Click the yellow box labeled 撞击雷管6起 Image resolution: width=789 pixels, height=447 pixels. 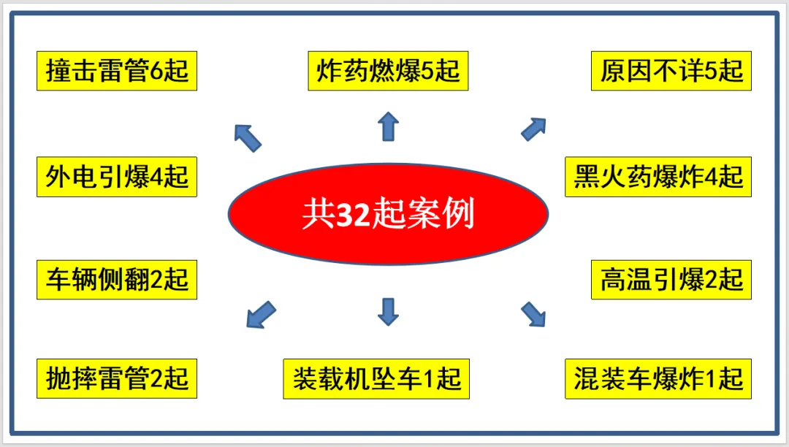pyautogui.click(x=117, y=71)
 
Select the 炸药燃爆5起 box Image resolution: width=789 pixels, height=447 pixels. pyautogui.click(x=388, y=71)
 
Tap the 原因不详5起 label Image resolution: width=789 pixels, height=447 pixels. pyautogui.click(x=671, y=71)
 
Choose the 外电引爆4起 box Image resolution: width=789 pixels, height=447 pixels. pyautogui.click(x=117, y=177)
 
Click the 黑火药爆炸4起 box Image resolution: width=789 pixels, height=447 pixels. pyautogui.click(x=658, y=177)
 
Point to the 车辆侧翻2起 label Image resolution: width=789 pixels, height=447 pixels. pyautogui.click(x=117, y=280)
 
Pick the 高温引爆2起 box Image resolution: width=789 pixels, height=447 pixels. pyautogui.click(x=671, y=280)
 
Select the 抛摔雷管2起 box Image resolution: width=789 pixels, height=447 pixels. pyautogui.click(x=117, y=378)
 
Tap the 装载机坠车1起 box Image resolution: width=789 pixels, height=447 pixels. pyautogui.click(x=376, y=378)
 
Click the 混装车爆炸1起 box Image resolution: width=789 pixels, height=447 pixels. pyautogui.click(x=658, y=378)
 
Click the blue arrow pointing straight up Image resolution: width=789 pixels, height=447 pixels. pyautogui.click(x=389, y=126)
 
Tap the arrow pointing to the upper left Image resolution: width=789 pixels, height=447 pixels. pyautogui.click(x=248, y=137)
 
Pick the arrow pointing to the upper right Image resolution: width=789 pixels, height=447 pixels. pyautogui.click(x=534, y=129)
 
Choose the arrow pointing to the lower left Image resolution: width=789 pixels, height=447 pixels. pyautogui.click(x=260, y=315)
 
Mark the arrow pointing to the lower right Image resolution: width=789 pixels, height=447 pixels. pyautogui.click(x=533, y=314)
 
